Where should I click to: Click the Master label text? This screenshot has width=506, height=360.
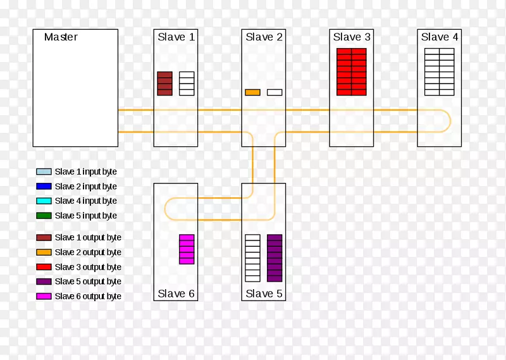click(x=61, y=37)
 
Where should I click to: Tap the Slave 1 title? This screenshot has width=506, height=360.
click(x=176, y=37)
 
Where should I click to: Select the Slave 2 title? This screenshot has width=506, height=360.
click(x=264, y=37)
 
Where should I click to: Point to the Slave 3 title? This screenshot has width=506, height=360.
click(x=352, y=37)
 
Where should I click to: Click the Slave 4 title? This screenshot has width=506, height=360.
click(x=440, y=37)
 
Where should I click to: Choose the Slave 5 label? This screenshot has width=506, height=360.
click(x=264, y=294)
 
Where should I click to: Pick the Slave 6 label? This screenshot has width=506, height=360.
click(x=176, y=294)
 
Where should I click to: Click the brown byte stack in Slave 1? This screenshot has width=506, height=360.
click(x=164, y=84)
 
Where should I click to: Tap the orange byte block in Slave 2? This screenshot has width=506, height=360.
click(x=252, y=92)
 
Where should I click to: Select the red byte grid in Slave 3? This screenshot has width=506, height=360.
click(x=352, y=71)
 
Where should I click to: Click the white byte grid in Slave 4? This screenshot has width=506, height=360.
click(x=440, y=71)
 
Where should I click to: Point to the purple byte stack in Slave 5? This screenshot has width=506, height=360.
click(x=275, y=258)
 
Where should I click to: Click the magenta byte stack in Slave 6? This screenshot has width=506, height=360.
click(x=187, y=249)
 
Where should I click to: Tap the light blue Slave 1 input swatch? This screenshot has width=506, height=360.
click(x=44, y=171)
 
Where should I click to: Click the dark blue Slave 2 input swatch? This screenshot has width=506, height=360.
click(x=44, y=187)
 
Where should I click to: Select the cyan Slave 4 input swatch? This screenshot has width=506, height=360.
click(x=44, y=201)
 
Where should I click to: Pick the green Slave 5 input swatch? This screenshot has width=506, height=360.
click(x=44, y=216)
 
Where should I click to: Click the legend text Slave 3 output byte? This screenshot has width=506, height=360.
click(x=88, y=267)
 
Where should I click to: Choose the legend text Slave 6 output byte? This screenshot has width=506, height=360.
click(x=88, y=296)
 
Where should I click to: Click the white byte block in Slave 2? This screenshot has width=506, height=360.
click(x=275, y=92)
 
